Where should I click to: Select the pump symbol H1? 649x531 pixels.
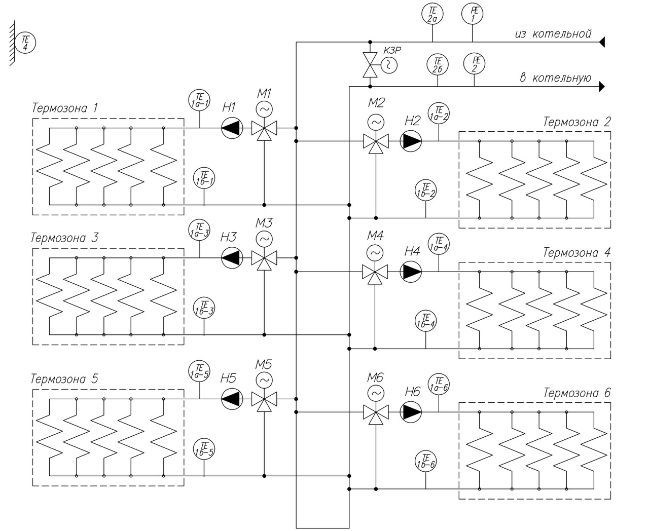232,128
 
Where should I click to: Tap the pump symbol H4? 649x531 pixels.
411,272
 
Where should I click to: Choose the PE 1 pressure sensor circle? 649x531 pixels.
473,14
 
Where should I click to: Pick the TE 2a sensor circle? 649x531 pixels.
432,14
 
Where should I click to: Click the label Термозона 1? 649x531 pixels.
65,108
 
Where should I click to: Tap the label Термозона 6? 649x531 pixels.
577,393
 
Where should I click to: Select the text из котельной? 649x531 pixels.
553,34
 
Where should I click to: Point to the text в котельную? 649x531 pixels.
556,78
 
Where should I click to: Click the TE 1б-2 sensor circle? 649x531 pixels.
425,191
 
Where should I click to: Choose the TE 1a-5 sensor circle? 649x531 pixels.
199,371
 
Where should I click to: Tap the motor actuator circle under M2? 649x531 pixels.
376,122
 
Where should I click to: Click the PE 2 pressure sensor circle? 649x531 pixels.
475,64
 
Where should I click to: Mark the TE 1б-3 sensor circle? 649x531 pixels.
204,307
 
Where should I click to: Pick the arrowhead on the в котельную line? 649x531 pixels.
601,86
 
